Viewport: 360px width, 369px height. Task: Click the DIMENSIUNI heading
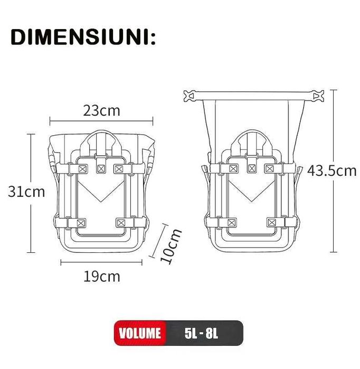coord(83,37)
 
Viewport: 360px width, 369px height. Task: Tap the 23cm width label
coord(101,111)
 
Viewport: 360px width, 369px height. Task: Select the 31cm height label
coord(26,191)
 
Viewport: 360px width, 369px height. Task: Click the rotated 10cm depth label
coord(170,246)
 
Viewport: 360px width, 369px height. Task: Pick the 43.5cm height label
coord(332,171)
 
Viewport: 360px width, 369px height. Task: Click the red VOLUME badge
coord(140,333)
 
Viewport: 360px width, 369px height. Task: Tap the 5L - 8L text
coord(203,333)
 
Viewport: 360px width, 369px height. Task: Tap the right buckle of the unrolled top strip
coord(317,96)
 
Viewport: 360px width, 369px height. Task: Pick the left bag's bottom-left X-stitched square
coord(81,222)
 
